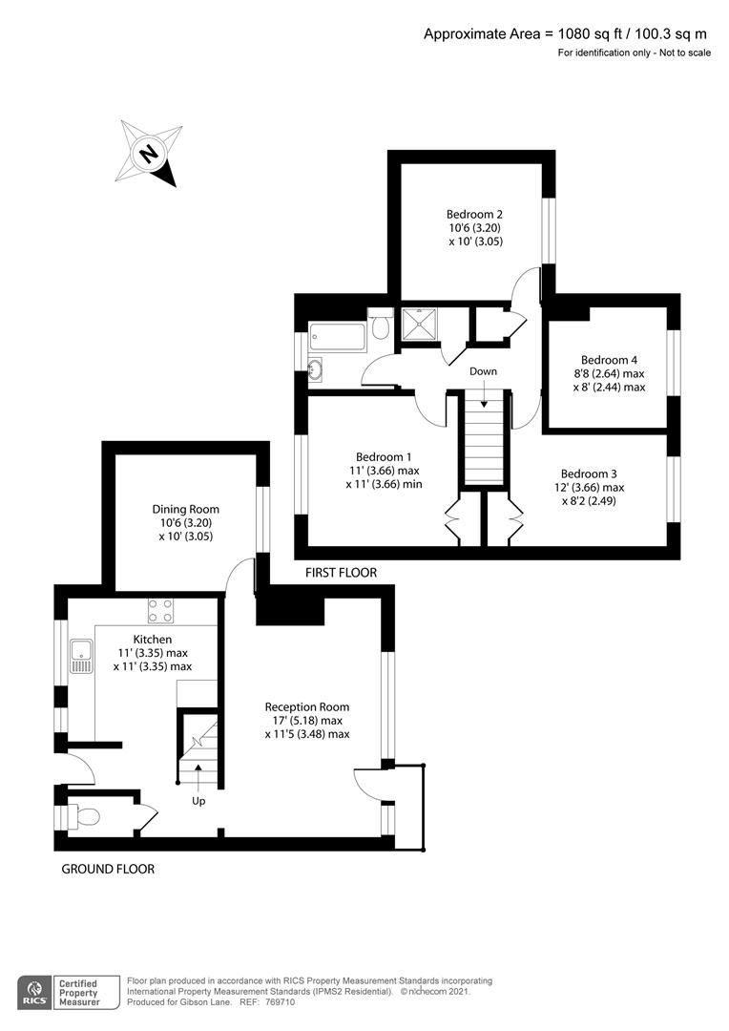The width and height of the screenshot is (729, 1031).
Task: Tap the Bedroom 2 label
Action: (474, 214)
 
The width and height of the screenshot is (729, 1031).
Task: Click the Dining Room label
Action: (185, 510)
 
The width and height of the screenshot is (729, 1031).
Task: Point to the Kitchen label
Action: (152, 639)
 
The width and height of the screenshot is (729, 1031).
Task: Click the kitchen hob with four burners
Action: (159, 609)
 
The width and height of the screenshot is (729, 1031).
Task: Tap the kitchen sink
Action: (80, 657)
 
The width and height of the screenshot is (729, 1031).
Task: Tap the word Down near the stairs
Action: (483, 370)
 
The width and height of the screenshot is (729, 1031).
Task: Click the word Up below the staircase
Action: (198, 800)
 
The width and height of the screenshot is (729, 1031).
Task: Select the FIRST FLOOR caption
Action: (341, 573)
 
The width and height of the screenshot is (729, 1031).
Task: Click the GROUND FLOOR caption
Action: (108, 869)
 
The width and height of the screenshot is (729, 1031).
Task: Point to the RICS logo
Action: (38, 990)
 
